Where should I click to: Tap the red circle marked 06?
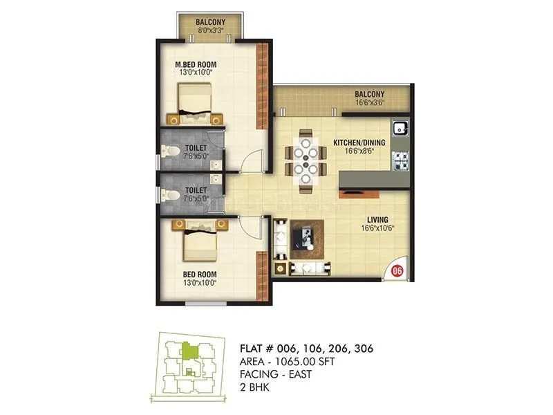click(397, 271)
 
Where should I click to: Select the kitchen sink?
click(400, 128)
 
